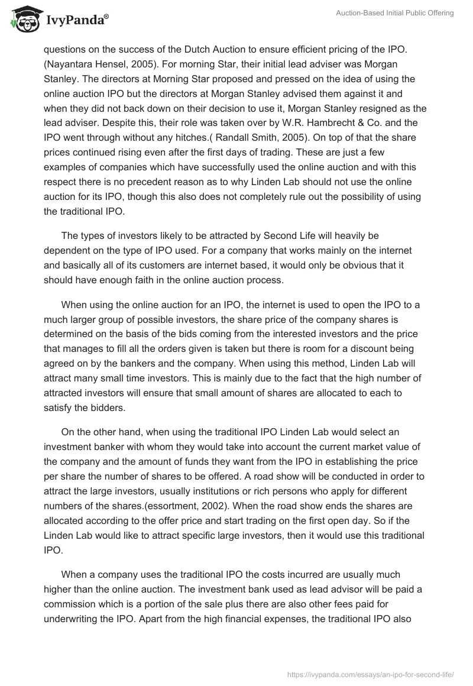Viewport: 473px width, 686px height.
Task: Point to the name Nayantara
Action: tap(72, 64)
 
